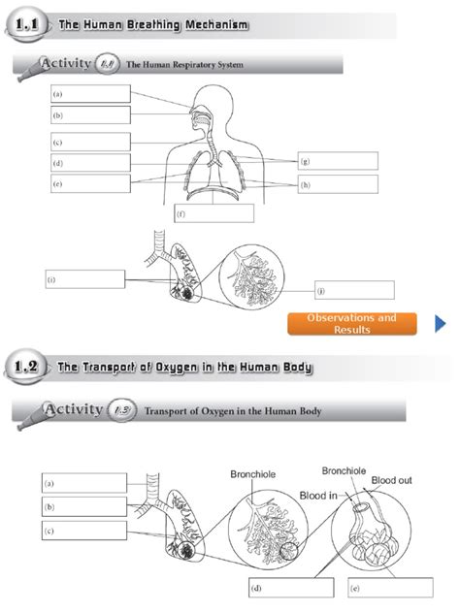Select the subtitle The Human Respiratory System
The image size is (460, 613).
(184, 65)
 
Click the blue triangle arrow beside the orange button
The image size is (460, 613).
(440, 323)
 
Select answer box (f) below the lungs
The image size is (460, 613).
(214, 213)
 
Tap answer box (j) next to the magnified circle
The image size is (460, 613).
(354, 290)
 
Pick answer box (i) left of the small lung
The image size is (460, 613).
(85, 279)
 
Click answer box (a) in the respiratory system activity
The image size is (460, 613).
(90, 94)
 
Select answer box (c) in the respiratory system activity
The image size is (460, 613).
(90, 142)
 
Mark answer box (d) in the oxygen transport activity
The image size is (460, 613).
(284, 588)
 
